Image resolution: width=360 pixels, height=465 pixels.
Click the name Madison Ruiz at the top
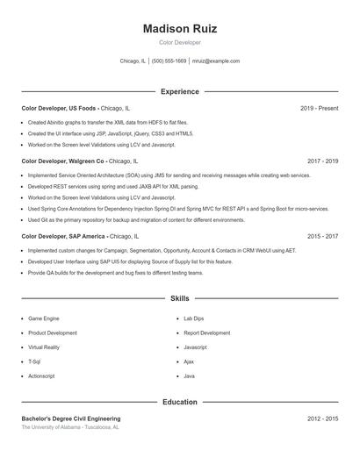(179, 28)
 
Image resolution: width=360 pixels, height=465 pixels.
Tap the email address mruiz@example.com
(215, 61)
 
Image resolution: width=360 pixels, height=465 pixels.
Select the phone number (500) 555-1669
(169, 61)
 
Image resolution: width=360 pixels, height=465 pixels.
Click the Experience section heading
(179, 91)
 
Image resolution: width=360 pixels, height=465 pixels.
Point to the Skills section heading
(179, 299)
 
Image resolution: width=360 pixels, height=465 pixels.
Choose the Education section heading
(179, 402)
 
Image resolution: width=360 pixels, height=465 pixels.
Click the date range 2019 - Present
(319, 109)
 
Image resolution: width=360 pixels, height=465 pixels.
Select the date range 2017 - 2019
(322, 161)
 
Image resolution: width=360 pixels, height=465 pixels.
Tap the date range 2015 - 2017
(322, 236)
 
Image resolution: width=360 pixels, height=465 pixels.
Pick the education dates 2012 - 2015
(322, 419)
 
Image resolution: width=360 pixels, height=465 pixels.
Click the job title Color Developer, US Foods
(58, 109)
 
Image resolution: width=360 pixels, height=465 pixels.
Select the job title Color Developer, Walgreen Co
(62, 161)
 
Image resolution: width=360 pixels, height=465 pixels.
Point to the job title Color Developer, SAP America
(63, 236)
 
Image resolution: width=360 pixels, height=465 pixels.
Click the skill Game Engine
(44, 318)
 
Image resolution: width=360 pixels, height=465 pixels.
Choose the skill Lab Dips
(193, 318)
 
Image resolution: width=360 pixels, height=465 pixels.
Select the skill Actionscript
(41, 376)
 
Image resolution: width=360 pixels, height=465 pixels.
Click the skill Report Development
(206, 333)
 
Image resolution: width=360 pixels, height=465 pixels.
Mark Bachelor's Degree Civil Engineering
(71, 419)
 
